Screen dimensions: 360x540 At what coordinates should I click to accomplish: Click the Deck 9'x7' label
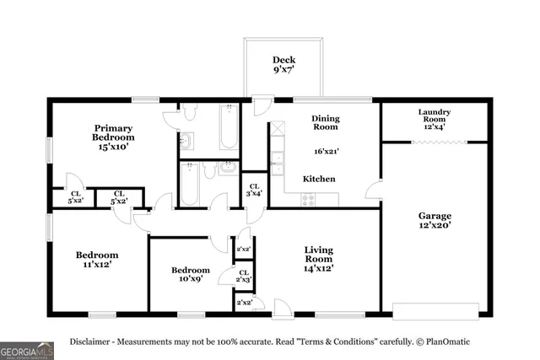coord(283,65)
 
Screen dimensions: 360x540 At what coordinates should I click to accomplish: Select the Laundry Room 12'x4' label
coord(434,116)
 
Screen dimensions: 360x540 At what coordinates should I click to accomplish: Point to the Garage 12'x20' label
coord(435,221)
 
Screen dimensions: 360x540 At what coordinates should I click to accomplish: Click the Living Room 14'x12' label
coord(319,260)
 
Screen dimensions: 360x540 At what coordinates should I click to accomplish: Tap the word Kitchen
coord(319,180)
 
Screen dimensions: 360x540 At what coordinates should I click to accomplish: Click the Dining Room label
coord(325,123)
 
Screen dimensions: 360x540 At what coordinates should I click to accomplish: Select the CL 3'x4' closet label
coord(253,191)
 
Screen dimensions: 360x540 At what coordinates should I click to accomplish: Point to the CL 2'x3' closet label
coord(244,276)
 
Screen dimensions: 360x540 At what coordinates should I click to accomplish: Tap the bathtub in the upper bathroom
coord(229,127)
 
